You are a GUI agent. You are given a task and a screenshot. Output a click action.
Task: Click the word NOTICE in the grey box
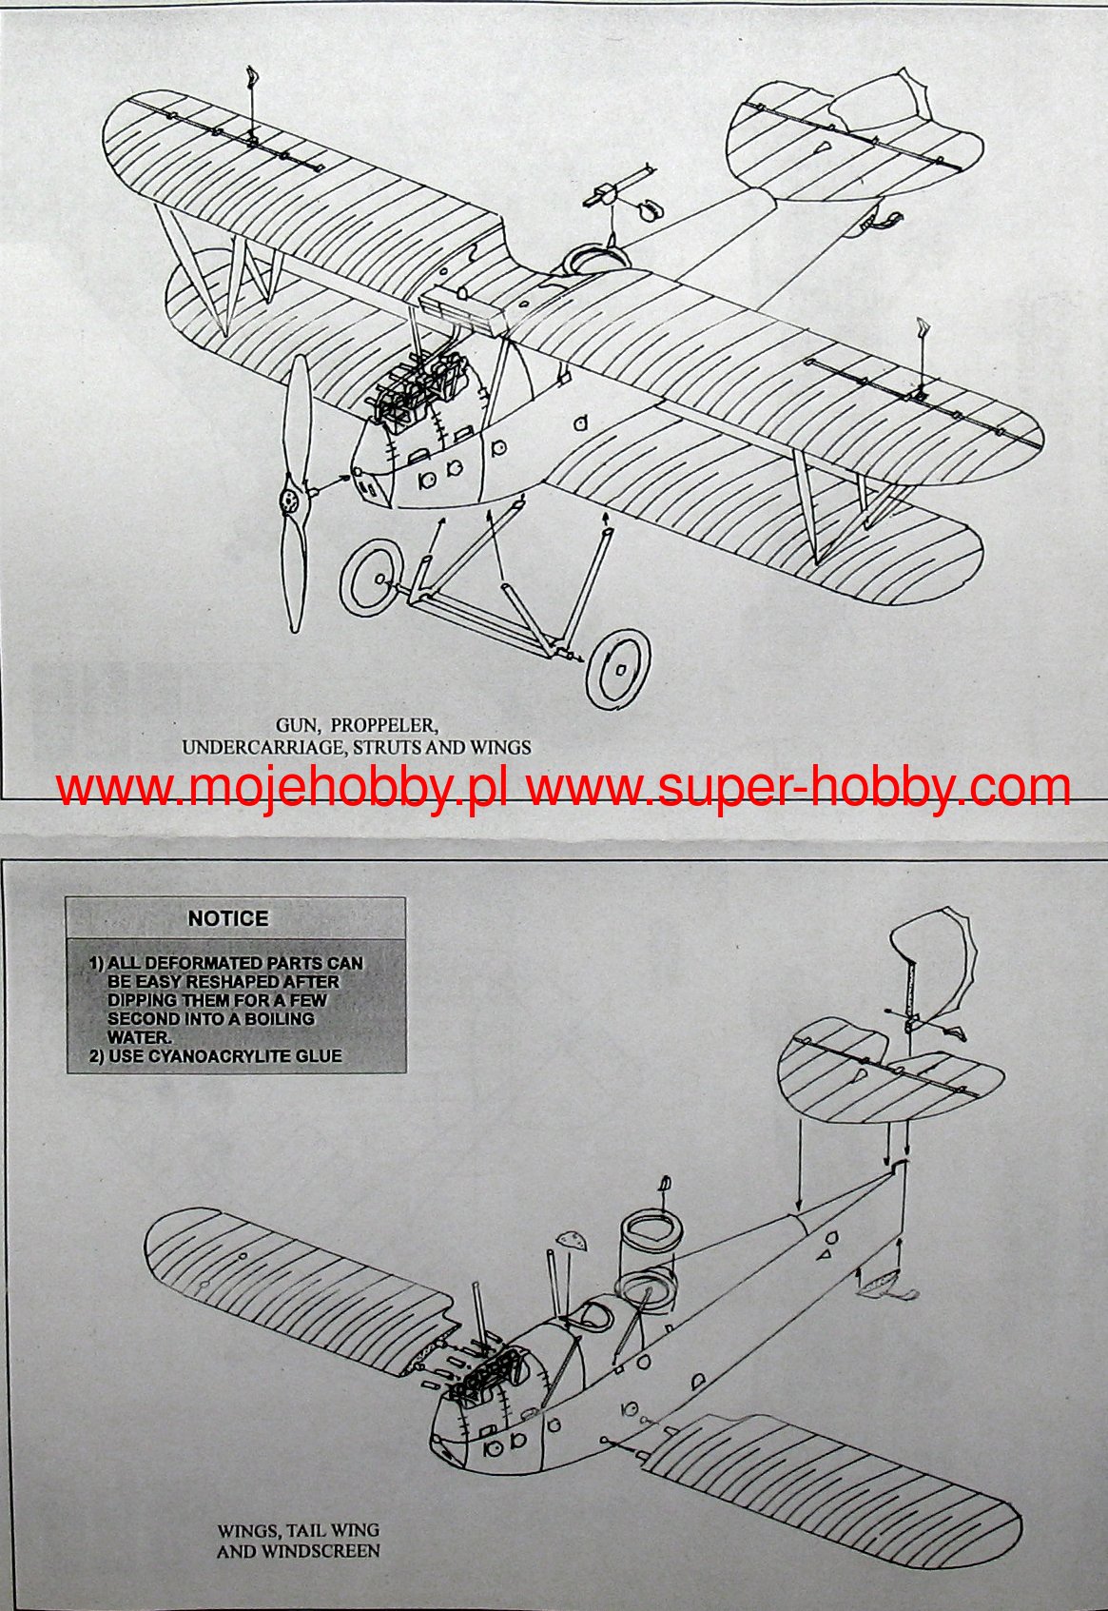tap(228, 918)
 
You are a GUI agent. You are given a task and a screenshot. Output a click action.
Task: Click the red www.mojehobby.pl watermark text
tap(284, 789)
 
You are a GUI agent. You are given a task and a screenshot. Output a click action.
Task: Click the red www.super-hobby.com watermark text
tap(799, 789)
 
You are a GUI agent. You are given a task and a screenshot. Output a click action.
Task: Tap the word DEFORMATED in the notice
tap(204, 964)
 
